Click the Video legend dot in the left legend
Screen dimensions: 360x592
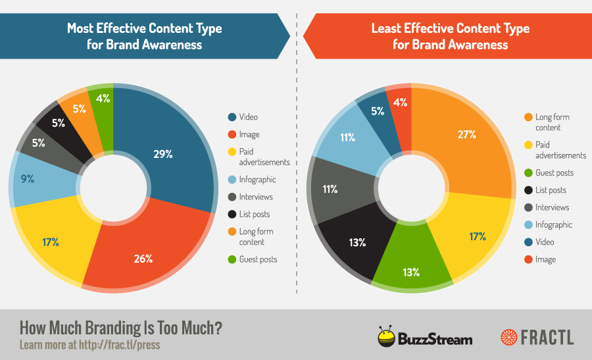click(x=232, y=117)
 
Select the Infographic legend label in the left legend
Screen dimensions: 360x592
click(x=259, y=180)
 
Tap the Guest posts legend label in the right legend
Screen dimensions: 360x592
click(x=555, y=173)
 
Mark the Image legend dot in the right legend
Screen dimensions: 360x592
click(x=528, y=259)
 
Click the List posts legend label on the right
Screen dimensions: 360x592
click(x=551, y=190)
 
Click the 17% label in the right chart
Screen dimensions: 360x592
click(x=478, y=236)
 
